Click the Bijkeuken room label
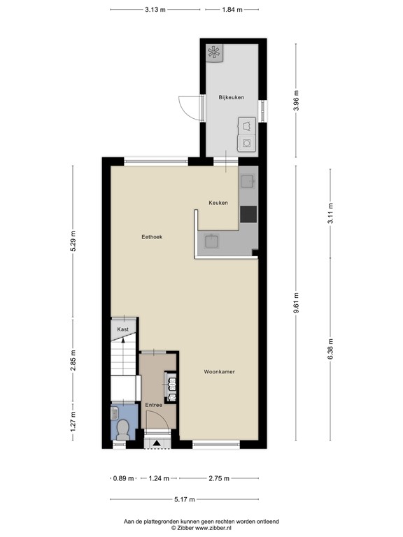pos(231,97)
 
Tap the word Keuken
pos(218,203)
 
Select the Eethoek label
pos(152,237)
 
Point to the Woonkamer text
pos(219,372)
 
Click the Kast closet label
pos(122,329)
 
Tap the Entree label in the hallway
pos(153,405)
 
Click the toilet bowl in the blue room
pos(123,429)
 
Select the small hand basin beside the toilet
pos(115,413)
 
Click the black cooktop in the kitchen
pos(248,214)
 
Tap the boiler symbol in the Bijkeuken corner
pos(214,52)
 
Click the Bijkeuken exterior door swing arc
pos(185,106)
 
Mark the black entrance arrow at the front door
pos(157,442)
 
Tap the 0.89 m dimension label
pos(122,479)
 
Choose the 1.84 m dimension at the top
pos(232,10)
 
